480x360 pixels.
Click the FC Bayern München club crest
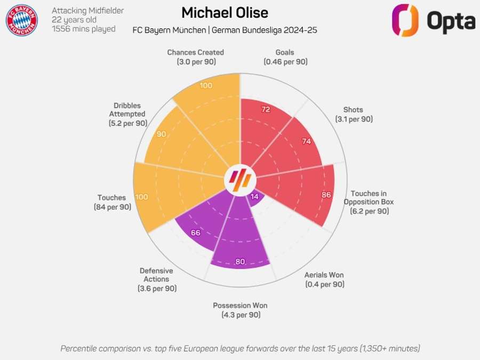21,20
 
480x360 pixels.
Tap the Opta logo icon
405,20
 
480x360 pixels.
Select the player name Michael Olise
225,12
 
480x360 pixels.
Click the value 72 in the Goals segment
266,110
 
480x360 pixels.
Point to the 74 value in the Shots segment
306,141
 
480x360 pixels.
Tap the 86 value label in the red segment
326,195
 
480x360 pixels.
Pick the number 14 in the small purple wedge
254,196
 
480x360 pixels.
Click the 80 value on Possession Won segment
240,262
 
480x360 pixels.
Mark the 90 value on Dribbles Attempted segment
162,134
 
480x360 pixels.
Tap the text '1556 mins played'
84,29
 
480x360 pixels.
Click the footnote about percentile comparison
240,348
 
